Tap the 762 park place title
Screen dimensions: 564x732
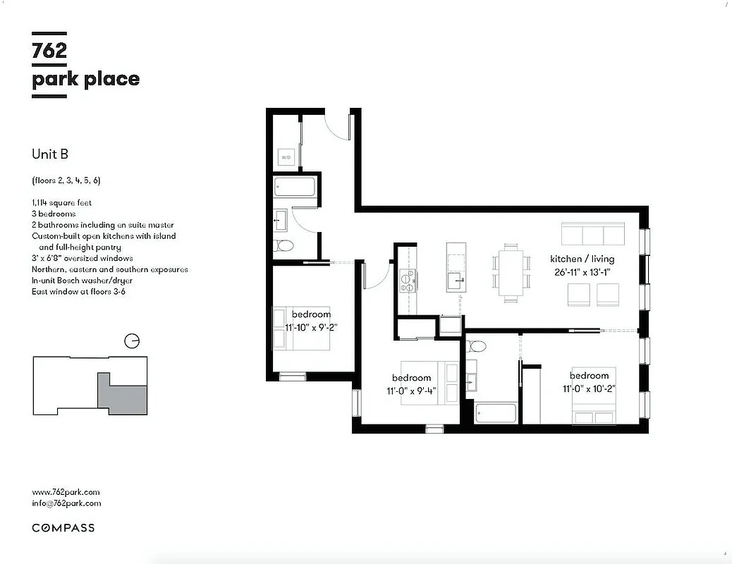pos(85,65)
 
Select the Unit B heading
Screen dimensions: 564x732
pos(50,154)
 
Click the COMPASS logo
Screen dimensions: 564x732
pos(63,527)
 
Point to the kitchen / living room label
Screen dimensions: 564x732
pos(582,259)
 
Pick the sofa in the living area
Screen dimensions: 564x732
pos(593,233)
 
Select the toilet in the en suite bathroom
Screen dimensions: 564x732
pos(477,346)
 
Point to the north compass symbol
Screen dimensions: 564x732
pos(131,341)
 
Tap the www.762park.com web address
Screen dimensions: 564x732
pos(66,492)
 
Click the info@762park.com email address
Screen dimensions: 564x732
pos(66,503)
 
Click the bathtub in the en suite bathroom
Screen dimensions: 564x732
pos(496,413)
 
